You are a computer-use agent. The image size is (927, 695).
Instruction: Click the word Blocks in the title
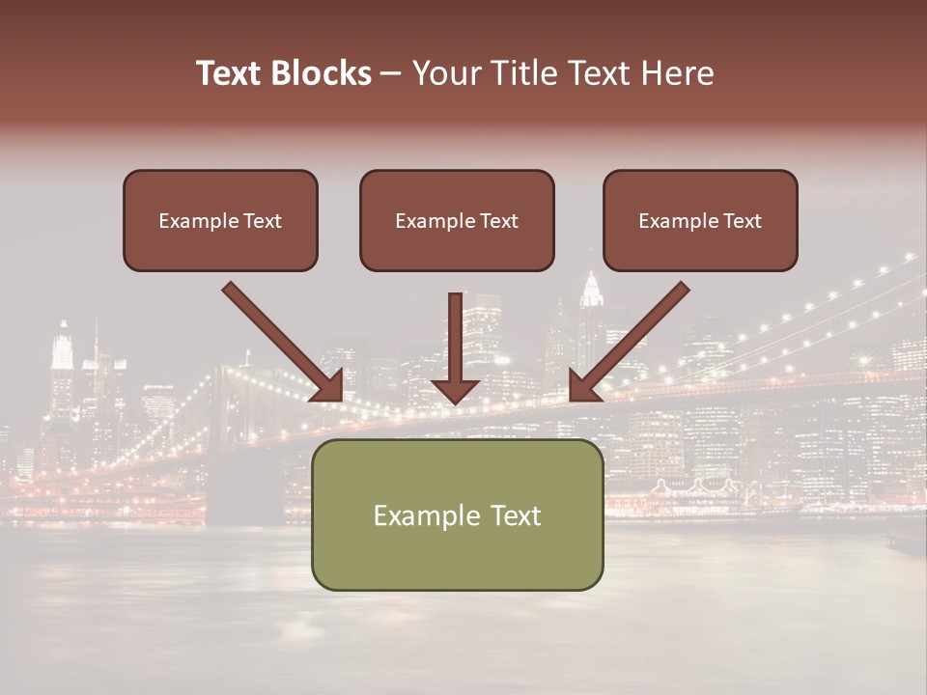click(323, 73)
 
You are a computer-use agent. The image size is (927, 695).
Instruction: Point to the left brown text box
click(220, 220)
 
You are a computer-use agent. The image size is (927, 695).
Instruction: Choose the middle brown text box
click(457, 220)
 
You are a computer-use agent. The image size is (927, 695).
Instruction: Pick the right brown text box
click(700, 220)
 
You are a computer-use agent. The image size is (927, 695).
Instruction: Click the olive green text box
click(457, 514)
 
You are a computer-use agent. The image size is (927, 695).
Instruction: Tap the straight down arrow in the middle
click(455, 338)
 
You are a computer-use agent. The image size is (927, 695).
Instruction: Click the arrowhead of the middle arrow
click(455, 388)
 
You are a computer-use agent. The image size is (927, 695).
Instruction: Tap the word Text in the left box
click(263, 221)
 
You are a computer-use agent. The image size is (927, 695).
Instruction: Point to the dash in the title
click(391, 74)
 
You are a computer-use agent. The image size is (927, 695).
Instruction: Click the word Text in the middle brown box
click(499, 221)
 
